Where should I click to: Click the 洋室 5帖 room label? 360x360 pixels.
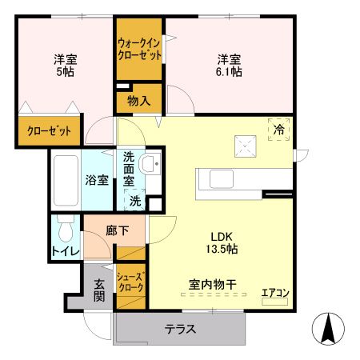pyautogui.click(x=65, y=65)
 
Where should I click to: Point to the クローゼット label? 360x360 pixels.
pyautogui.click(x=48, y=130)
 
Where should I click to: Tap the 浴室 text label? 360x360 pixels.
pyautogui.click(x=97, y=180)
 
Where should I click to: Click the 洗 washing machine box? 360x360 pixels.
pyautogui.click(x=136, y=201)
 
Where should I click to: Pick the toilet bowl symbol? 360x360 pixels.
pyautogui.click(x=66, y=233)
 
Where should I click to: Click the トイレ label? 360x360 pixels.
pyautogui.click(x=66, y=252)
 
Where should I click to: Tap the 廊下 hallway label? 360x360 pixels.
pyautogui.click(x=117, y=230)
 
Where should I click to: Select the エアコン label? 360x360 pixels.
pyautogui.click(x=274, y=293)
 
